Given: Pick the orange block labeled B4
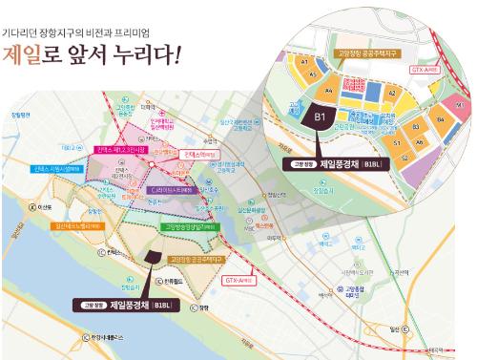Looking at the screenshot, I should [x=440, y=119].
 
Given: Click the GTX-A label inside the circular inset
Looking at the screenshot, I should [x=423, y=69].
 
